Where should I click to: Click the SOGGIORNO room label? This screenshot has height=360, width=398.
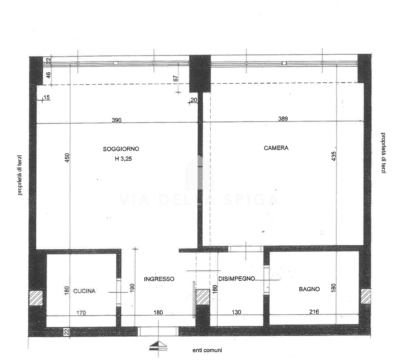pos(121,149)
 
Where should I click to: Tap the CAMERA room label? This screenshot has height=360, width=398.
pos(276,148)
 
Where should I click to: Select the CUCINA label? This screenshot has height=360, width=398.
pos(84,291)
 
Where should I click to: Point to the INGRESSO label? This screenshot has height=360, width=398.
pos(159,279)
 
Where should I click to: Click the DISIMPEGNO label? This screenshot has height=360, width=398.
pos(236,279)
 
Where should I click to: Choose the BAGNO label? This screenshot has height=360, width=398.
pos(309,289)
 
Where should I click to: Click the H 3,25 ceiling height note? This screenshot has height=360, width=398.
pos(123,159)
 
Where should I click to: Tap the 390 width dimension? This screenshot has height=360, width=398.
pos(116,120)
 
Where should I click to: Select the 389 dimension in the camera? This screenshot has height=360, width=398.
pos(283,119)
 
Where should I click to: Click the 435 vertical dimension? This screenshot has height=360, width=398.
pos(334,156)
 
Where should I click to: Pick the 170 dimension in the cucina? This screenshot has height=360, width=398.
pos(81,313)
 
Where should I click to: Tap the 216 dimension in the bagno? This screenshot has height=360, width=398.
pos(314,312)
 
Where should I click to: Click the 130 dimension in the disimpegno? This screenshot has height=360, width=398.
pos(236,312)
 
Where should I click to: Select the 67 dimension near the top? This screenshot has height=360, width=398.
pos(176,79)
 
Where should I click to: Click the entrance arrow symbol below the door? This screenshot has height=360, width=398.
pos(158,346)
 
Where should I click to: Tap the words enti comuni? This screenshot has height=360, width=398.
pos(207,350)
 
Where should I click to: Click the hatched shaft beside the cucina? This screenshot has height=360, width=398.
pos(36,298)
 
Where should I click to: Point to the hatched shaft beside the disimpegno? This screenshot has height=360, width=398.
pos(203,297)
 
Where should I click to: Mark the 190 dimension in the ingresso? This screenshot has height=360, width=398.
pos(132,288)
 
